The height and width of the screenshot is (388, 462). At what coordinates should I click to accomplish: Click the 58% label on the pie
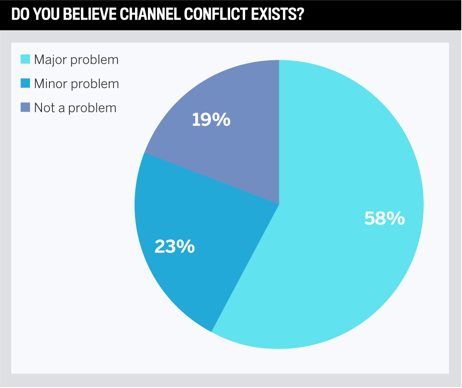pyautogui.click(x=384, y=219)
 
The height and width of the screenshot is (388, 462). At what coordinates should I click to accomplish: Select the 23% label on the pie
pyautogui.click(x=174, y=247)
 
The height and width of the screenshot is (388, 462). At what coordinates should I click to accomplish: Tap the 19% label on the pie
pyautogui.click(x=211, y=120)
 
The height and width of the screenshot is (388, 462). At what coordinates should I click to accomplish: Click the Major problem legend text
pyautogui.click(x=76, y=60)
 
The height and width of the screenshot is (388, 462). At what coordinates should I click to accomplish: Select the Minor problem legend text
pyautogui.click(x=76, y=84)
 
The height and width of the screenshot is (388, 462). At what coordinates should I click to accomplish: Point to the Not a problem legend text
pyautogui.click(x=75, y=108)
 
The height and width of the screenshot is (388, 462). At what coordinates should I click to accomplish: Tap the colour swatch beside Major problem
pyautogui.click(x=25, y=59)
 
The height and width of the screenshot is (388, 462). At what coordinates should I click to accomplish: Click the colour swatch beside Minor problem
pyautogui.click(x=25, y=83)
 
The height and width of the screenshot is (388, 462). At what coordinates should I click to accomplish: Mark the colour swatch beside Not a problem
pyautogui.click(x=25, y=108)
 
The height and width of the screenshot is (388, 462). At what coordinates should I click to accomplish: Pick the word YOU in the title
pyautogui.click(x=44, y=15)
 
